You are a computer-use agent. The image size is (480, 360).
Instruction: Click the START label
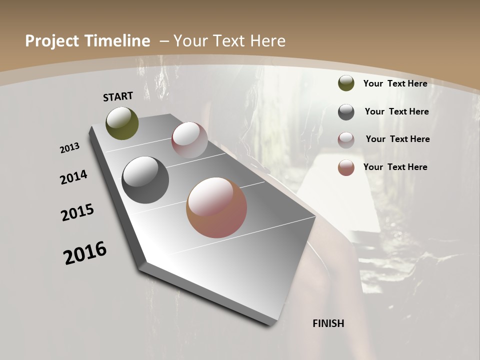coord(118,96)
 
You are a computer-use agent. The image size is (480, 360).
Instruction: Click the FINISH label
coord(328,323)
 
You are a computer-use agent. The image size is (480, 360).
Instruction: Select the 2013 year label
coord(70,148)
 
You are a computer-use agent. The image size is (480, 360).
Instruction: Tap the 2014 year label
coord(73,177)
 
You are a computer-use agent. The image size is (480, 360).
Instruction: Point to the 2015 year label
coord(77,212)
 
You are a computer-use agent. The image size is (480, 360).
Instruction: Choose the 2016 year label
coord(85,253)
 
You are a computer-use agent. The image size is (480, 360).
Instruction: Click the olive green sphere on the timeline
coord(122,123)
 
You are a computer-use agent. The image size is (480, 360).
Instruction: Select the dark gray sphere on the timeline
coord(145,180)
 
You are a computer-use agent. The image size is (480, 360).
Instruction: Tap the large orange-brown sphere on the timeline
coord(216,207)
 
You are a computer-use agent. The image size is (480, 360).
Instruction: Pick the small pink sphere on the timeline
coord(189,140)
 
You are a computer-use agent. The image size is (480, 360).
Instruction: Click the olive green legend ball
coord(346,83)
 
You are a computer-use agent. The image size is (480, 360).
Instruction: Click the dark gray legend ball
coord(346,112)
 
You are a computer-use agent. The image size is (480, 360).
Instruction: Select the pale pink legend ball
coord(346,139)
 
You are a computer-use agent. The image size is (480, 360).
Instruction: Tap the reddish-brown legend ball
coord(346,167)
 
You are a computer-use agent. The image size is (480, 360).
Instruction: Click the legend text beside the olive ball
coord(395,83)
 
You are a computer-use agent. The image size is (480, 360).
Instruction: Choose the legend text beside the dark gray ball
coord(396,111)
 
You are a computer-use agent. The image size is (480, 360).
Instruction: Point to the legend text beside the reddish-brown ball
coord(395,167)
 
